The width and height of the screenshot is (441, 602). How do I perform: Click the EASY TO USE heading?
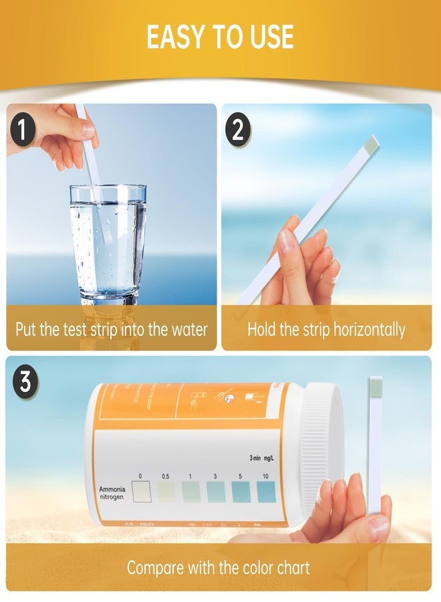[220, 37]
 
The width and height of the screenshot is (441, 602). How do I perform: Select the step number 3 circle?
[25, 383]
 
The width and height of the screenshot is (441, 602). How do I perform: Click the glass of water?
[108, 244]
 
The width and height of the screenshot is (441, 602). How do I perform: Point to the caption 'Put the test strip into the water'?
[112, 329]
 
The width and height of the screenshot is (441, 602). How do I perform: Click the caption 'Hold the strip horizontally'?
[326, 329]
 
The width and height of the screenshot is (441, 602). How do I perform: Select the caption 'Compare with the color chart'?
[218, 568]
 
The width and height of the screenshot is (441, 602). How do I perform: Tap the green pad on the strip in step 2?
[372, 142]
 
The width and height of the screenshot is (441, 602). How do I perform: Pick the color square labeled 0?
[141, 493]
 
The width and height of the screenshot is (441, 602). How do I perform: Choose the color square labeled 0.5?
[166, 493]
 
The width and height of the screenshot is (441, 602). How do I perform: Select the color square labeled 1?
[190, 493]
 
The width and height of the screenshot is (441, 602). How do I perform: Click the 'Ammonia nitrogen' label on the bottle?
[112, 493]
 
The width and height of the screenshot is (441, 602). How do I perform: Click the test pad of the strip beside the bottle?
[374, 386]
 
